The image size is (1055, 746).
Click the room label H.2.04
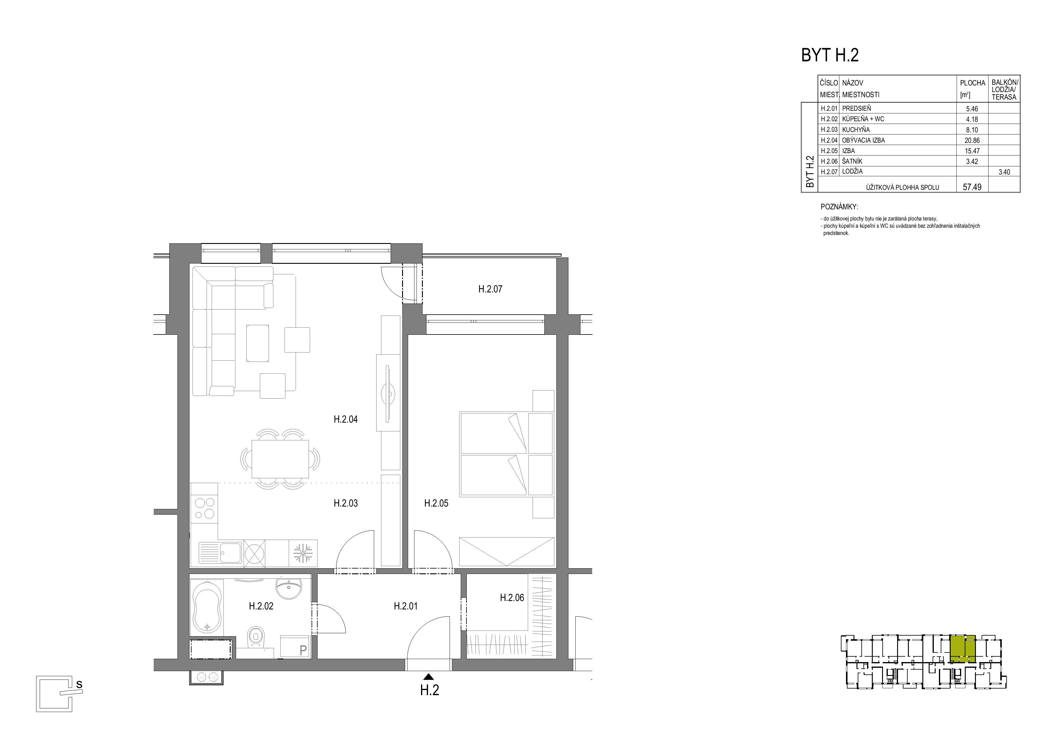(x=346, y=419)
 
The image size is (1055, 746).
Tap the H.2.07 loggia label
(x=490, y=289)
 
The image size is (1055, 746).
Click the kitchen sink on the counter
(x=220, y=553)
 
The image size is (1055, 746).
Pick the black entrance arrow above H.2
(x=429, y=676)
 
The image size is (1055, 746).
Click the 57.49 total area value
(x=972, y=187)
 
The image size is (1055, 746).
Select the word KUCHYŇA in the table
(x=856, y=130)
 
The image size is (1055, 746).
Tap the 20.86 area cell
(x=972, y=140)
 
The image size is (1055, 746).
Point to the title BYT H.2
(x=830, y=55)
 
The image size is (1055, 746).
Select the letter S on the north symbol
(x=79, y=684)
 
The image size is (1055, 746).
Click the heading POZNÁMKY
(x=839, y=207)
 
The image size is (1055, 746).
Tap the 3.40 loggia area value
(x=1004, y=172)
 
